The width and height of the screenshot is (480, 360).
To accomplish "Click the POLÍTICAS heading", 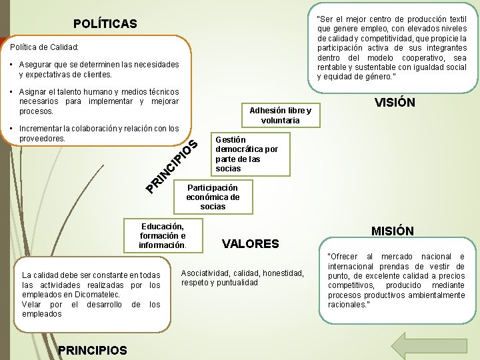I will (105, 24).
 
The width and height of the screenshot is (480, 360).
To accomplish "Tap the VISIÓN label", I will (395, 103).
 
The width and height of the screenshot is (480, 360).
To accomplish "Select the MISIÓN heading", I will (393, 231).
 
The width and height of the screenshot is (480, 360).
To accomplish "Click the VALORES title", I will (251, 243).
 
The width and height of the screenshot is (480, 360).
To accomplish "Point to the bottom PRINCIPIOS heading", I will (93, 349).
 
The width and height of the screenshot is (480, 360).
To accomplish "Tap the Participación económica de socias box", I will (213, 197).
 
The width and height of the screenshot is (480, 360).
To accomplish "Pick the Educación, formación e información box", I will (162, 235).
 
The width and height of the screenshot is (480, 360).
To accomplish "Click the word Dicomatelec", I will (98, 295).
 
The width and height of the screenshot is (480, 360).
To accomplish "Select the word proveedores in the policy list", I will (43, 139).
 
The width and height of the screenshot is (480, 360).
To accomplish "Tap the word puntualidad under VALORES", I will (237, 283).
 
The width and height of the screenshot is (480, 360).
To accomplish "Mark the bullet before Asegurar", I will (13, 65).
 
